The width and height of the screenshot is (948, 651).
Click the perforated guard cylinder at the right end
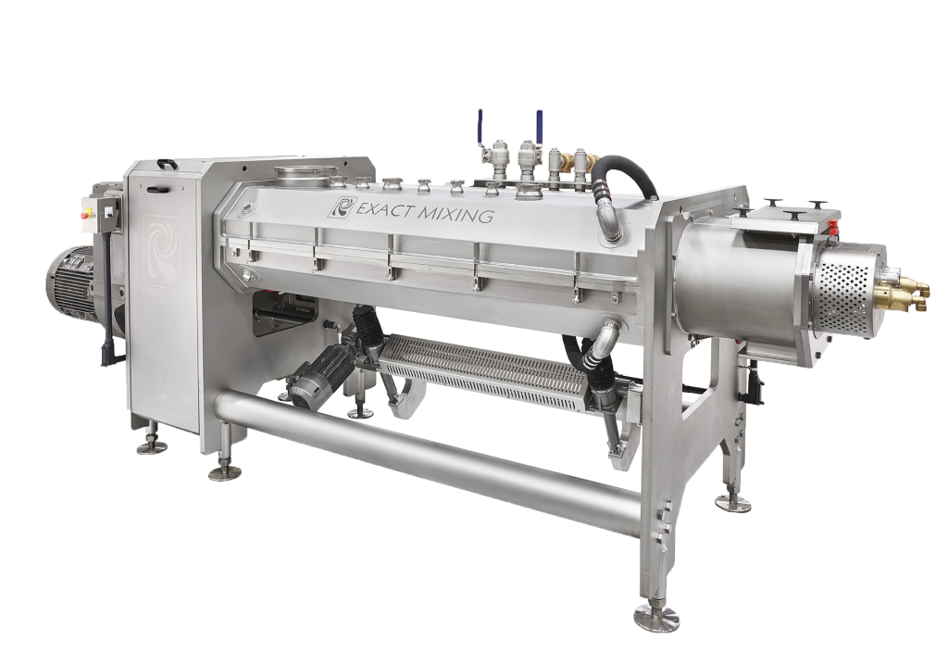click(845, 286)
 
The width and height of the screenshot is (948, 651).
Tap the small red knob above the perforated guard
click(834, 223)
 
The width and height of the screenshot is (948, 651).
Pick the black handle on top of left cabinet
click(167, 165)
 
